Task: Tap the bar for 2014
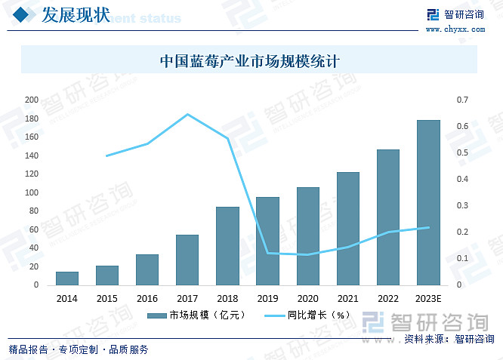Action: [x=67, y=278]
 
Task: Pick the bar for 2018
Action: [x=227, y=245]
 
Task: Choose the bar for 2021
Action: [x=348, y=228]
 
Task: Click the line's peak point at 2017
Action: [x=187, y=114]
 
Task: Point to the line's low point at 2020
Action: [x=308, y=254]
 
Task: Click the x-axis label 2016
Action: [x=147, y=299]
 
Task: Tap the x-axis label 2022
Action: [x=388, y=299]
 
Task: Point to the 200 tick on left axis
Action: [x=31, y=100]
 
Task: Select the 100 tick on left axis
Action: [x=31, y=192]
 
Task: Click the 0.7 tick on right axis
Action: [x=463, y=100]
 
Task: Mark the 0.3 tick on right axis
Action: [x=463, y=205]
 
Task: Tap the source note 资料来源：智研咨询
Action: [x=449, y=339]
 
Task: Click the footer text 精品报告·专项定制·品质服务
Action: [x=79, y=349]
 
